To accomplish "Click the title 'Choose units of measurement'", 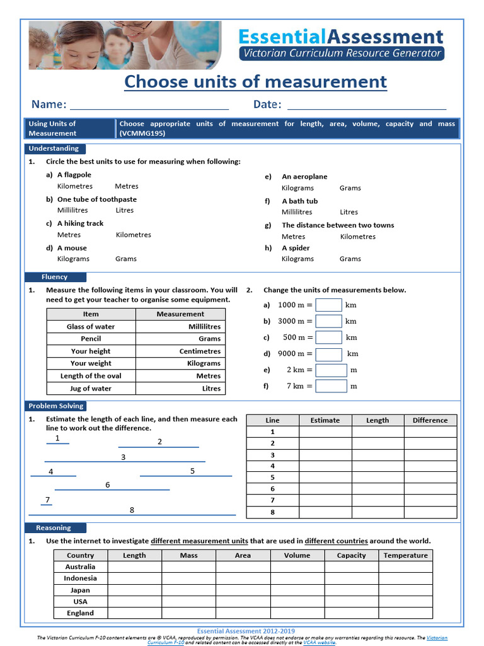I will (x=255, y=82).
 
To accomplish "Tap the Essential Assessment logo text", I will (x=340, y=37).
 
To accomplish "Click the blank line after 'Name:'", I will (x=149, y=105).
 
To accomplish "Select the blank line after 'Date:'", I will (x=366, y=105).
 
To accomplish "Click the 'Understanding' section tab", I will (x=54, y=149).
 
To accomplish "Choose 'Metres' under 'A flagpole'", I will (x=127, y=186).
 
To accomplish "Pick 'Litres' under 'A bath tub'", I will (x=349, y=212).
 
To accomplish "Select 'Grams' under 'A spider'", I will (x=350, y=259).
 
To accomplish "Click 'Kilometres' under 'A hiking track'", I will (x=134, y=235).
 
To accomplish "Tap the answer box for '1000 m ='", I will (x=328, y=305).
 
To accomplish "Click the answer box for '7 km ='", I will (x=331, y=386).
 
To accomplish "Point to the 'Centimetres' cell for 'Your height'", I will (x=200, y=351).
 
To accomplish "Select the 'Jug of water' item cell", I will (x=91, y=389).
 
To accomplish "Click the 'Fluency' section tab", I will (x=55, y=277).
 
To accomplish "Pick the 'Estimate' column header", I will (x=325, y=420).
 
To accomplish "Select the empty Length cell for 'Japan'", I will (x=134, y=590).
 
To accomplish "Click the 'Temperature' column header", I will (x=405, y=555).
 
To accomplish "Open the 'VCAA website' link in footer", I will (x=319, y=642).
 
